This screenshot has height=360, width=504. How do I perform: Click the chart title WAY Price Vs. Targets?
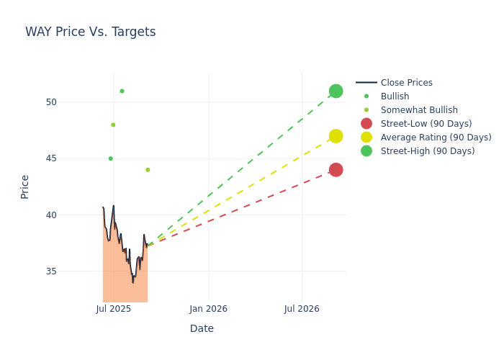click(x=90, y=32)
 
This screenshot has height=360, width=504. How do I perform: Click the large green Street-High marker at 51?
click(x=336, y=91)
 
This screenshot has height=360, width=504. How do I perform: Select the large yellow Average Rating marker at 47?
click(x=336, y=136)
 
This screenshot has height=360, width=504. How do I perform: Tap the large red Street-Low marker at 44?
click(x=336, y=170)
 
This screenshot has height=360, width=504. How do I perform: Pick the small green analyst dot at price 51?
click(x=122, y=91)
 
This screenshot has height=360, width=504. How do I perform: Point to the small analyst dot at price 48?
click(x=113, y=125)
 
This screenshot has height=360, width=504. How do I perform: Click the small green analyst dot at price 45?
click(x=110, y=158)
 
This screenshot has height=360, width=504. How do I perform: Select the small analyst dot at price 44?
click(x=148, y=170)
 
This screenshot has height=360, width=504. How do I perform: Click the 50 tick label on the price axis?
click(x=50, y=102)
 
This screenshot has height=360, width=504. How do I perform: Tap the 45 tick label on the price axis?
click(x=50, y=158)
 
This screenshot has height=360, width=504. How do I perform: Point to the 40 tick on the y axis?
click(x=50, y=215)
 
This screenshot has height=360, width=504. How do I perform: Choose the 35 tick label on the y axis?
click(x=50, y=271)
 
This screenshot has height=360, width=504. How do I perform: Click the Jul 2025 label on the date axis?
click(x=113, y=309)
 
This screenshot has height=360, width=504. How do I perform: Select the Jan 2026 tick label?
click(x=208, y=309)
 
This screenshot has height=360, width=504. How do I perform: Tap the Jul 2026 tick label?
click(x=302, y=309)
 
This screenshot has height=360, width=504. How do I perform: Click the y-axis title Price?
click(x=25, y=186)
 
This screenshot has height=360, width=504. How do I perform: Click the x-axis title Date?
click(x=202, y=329)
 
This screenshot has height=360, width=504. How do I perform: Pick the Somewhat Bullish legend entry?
click(x=419, y=110)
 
